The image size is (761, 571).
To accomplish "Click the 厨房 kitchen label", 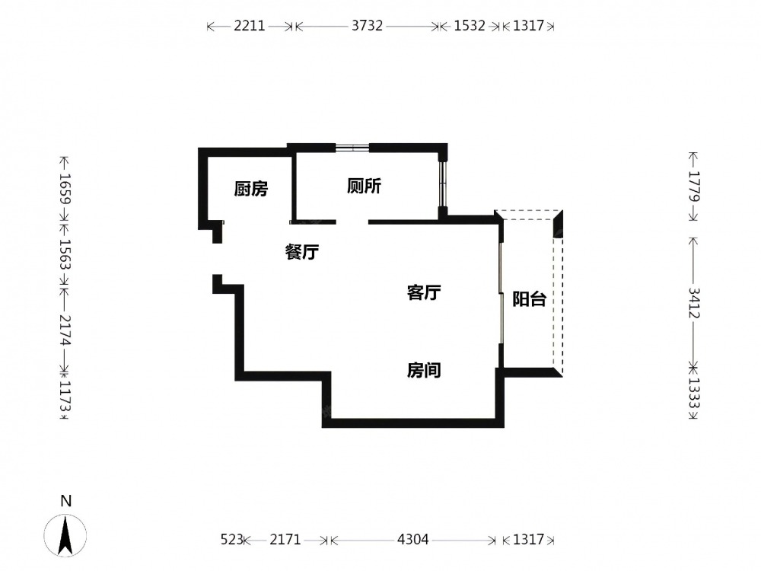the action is (251, 189).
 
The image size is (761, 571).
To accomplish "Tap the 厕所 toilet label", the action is (364, 186).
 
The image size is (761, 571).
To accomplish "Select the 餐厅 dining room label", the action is (302, 251).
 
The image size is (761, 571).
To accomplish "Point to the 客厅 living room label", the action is (424, 292).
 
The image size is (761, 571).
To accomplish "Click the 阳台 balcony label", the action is (530, 298).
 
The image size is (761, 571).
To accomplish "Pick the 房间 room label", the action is (424, 371).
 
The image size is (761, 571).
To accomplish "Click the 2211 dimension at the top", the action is (250, 25).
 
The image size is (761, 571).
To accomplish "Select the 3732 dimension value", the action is (367, 25).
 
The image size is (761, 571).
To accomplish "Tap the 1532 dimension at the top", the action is (470, 25).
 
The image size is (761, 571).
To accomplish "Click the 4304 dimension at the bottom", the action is (413, 540).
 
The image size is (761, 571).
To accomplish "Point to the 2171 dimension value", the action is (285, 540).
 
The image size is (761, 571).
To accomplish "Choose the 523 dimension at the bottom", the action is (231, 540).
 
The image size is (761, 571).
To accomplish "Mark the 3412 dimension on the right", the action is (695, 303).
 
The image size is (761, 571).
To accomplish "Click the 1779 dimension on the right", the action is (695, 186).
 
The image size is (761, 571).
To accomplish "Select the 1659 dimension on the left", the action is (65, 189).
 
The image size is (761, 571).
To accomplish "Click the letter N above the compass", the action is (65, 501).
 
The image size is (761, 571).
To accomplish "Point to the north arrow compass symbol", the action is (65, 535).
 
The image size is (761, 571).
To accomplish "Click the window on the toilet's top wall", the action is (352, 147).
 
